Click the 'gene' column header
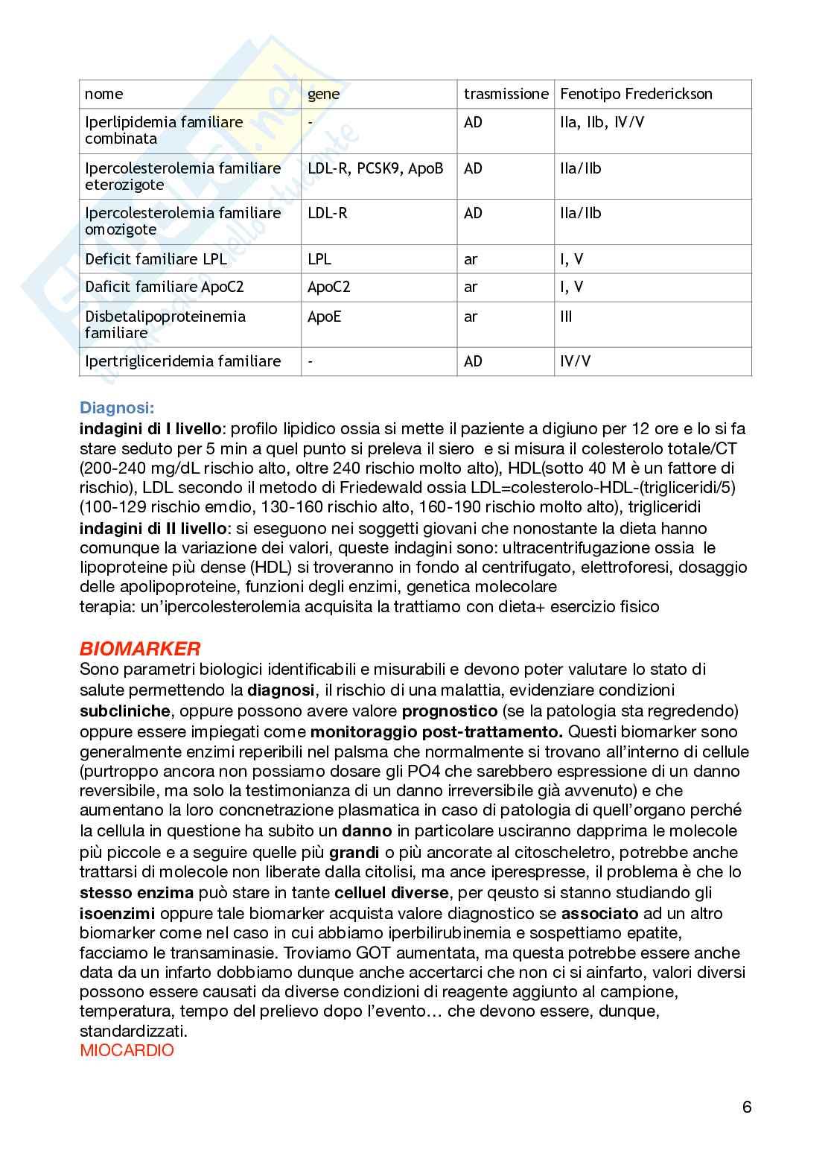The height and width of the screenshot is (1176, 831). pyautogui.click(x=324, y=94)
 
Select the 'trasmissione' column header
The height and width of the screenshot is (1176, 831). pyautogui.click(x=506, y=94)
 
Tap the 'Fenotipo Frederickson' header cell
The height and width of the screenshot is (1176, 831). pyautogui.click(x=636, y=94)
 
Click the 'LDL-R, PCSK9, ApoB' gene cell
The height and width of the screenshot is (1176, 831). pyautogui.click(x=375, y=168)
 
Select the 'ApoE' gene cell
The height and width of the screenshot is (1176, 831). pyautogui.click(x=324, y=317)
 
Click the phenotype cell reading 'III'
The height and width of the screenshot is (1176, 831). pyautogui.click(x=566, y=317)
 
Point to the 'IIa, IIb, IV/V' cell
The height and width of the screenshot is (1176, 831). pyautogui.click(x=602, y=122)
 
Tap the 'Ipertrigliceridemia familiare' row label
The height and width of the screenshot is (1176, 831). pyautogui.click(x=183, y=361)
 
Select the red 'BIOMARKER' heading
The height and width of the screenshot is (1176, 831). pyautogui.click(x=140, y=648)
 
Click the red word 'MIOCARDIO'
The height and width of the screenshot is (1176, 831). pyautogui.click(x=127, y=1051)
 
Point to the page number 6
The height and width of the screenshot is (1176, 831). pyautogui.click(x=747, y=1107)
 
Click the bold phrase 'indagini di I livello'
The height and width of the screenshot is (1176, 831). pyautogui.click(x=150, y=429)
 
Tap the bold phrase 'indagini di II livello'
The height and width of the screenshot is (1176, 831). pyautogui.click(x=153, y=529)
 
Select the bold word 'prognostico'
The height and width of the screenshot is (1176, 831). pyautogui.click(x=449, y=711)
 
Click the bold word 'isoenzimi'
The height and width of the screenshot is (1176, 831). pyautogui.click(x=117, y=913)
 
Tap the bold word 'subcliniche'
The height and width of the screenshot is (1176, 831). pyautogui.click(x=125, y=711)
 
